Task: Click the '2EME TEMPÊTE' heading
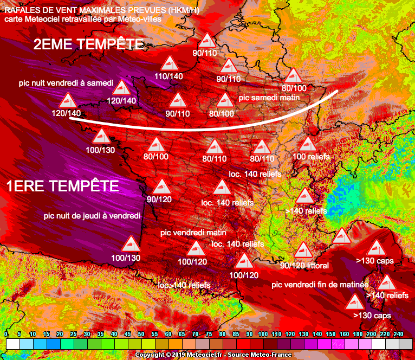click(x=88, y=44)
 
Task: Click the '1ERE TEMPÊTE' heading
click(x=62, y=186)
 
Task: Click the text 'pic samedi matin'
click(x=269, y=98)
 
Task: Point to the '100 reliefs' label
click(x=311, y=157)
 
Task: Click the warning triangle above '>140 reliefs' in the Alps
click(x=304, y=196)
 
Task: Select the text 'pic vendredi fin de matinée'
click(x=320, y=285)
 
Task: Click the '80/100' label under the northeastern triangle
click(x=294, y=88)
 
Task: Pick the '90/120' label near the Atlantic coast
click(x=159, y=199)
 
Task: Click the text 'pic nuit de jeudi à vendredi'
click(x=92, y=215)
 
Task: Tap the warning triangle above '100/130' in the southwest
click(x=131, y=245)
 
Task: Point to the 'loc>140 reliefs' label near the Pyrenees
click(x=184, y=285)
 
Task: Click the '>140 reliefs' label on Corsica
click(x=387, y=295)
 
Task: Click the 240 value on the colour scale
click(x=399, y=335)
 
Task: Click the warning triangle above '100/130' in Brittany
click(x=101, y=137)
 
